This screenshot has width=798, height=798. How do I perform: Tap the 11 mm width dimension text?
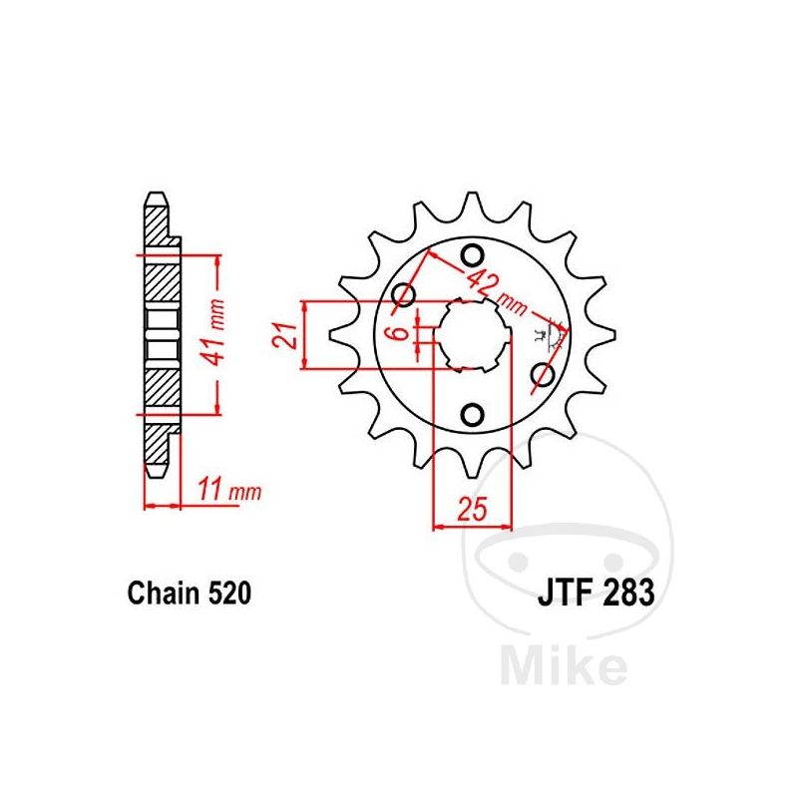click(229, 490)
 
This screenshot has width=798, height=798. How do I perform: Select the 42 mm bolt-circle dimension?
click(496, 292)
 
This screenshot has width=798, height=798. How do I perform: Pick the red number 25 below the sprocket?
click(472, 508)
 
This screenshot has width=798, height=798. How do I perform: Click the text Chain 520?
click(190, 594)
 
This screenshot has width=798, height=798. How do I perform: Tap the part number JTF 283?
click(596, 593)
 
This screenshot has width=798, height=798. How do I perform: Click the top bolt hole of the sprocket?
click(473, 255)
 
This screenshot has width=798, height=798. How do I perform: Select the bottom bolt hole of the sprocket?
click(473, 415)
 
